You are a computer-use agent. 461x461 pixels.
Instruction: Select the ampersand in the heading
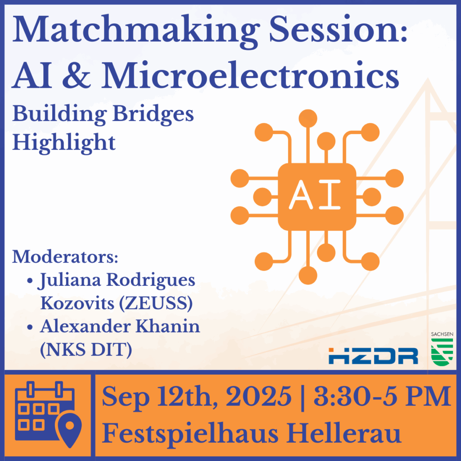tap(77, 75)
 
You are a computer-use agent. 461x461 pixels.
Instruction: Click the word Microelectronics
tap(250, 75)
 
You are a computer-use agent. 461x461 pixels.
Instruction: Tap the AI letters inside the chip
tap(315, 194)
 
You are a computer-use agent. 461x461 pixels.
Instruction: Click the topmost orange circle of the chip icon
tap(308, 118)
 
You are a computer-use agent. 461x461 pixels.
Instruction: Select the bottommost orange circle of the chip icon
tap(308, 275)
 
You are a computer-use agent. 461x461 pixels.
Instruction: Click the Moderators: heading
tap(65, 257)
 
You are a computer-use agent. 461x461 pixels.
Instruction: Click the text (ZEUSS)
tap(156, 303)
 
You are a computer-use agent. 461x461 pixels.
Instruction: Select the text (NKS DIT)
tap(86, 350)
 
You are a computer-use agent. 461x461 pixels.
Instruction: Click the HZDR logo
tap(373, 356)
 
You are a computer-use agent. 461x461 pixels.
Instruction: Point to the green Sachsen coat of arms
tap(442, 352)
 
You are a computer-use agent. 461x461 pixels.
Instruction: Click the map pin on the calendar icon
tap(70, 429)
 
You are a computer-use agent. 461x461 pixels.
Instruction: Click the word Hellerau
tap(343, 433)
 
